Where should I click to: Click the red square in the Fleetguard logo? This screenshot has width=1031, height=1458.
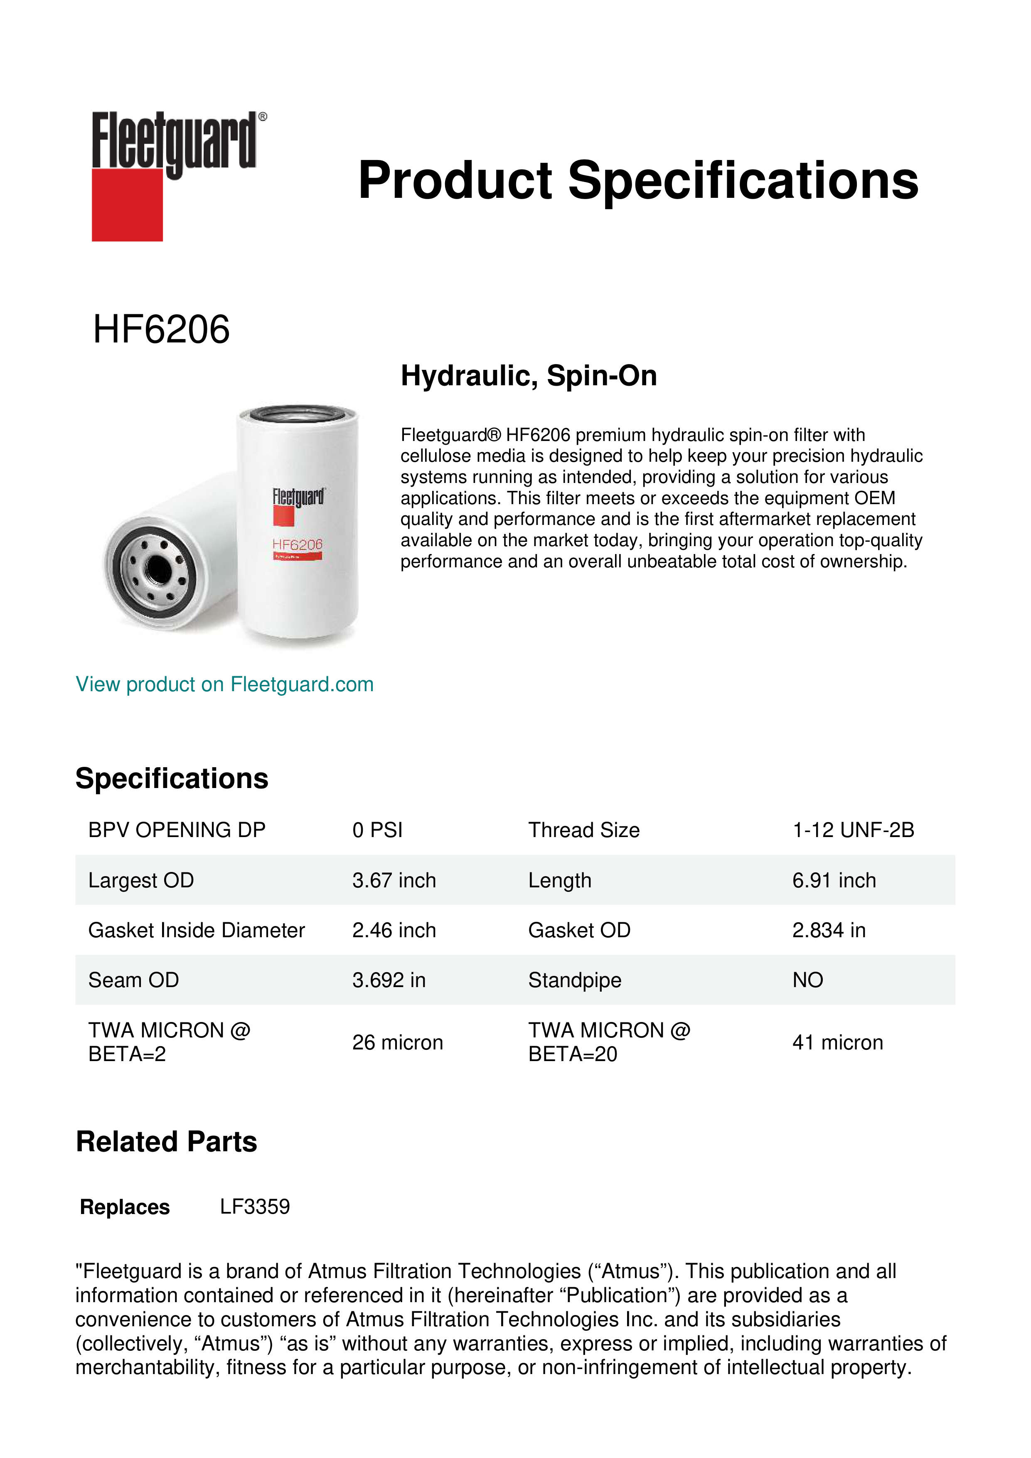(x=127, y=204)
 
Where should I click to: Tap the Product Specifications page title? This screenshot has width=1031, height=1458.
(x=637, y=180)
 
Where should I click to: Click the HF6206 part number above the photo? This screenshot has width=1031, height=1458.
(x=161, y=330)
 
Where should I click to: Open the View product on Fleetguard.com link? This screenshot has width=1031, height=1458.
(x=224, y=684)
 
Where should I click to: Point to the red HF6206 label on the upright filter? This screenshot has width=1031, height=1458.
(x=297, y=545)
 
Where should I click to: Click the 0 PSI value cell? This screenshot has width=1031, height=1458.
(x=377, y=830)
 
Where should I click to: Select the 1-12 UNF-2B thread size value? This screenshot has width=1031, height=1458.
(x=853, y=830)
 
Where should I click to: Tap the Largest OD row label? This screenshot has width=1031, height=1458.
(x=141, y=880)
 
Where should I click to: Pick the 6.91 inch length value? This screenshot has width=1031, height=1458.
(x=834, y=880)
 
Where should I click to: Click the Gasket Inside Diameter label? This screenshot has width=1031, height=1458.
(x=196, y=930)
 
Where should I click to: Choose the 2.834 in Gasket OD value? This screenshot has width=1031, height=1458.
(x=829, y=930)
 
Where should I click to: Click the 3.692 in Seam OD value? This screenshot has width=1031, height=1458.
(x=389, y=980)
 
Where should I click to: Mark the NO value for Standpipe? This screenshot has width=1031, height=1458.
(x=807, y=980)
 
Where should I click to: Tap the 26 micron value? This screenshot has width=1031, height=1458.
(x=397, y=1042)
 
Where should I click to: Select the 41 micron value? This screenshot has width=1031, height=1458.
(x=837, y=1042)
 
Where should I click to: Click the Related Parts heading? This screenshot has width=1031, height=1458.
(x=166, y=1142)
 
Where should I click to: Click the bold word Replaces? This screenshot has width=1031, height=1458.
(x=125, y=1207)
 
